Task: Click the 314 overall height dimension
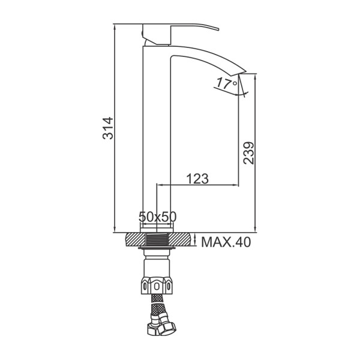click(x=107, y=128)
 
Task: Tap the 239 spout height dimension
click(x=249, y=153)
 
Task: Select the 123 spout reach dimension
click(x=197, y=179)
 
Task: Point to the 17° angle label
click(x=227, y=83)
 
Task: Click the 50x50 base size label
click(x=157, y=217)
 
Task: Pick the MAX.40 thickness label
click(x=226, y=242)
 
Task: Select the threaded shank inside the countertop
click(x=157, y=239)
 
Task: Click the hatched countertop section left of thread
click(x=136, y=239)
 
